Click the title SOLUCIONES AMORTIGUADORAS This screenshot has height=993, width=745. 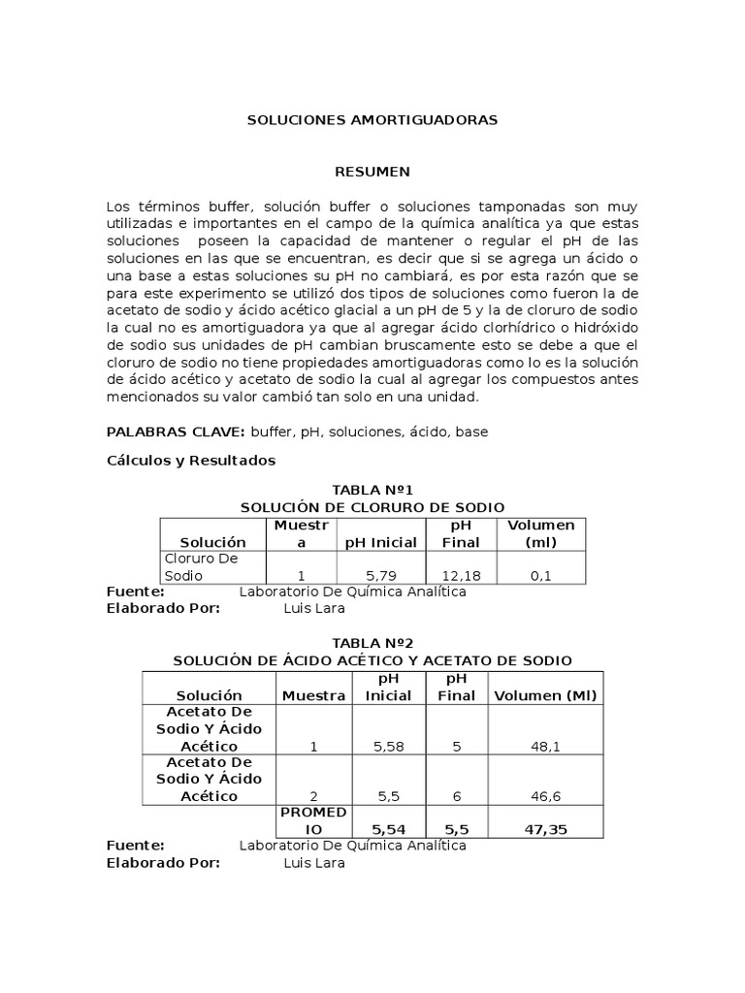(372, 120)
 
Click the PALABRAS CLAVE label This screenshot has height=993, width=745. (176, 432)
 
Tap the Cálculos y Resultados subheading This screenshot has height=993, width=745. (190, 461)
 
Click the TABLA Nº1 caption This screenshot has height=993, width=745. (372, 491)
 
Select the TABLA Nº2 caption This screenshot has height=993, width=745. (372, 643)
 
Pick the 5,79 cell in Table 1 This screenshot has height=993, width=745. (380, 575)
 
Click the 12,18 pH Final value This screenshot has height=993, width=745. (461, 575)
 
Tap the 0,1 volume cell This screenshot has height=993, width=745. (540, 575)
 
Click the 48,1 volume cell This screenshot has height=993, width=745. (545, 747)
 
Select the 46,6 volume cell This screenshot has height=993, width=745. (545, 795)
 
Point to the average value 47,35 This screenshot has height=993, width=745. (545, 830)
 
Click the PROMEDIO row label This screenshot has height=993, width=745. (313, 821)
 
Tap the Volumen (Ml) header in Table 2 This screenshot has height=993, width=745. (545, 695)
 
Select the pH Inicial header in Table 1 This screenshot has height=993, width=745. (380, 542)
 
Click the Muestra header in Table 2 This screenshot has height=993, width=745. (313, 695)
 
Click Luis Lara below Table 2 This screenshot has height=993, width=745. (313, 863)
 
